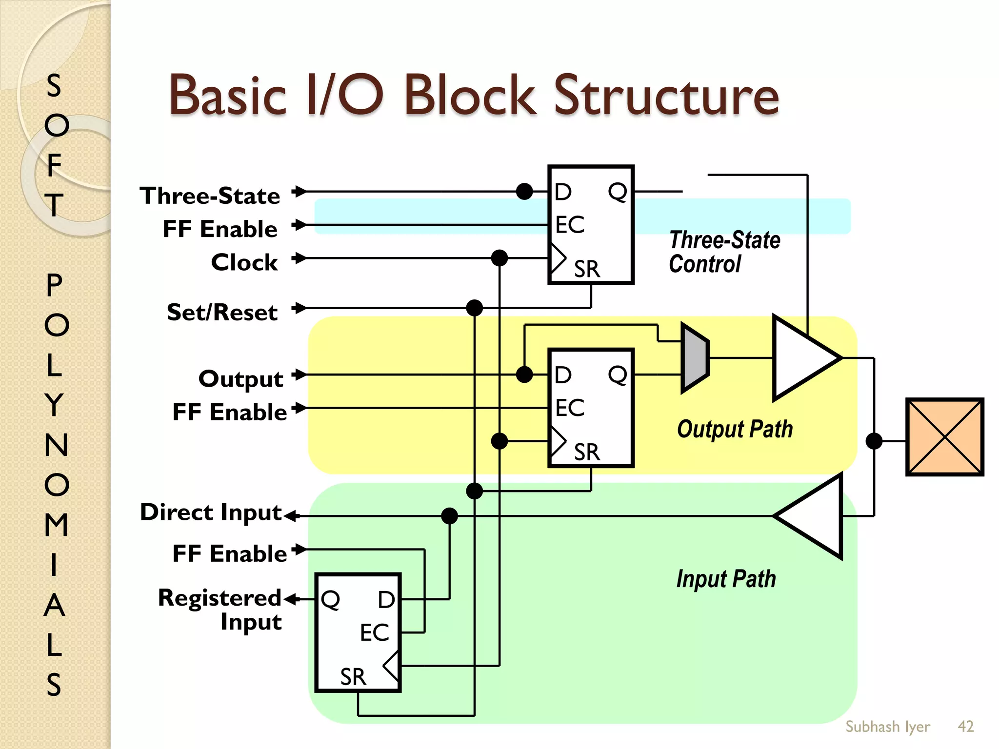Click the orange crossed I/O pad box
(945, 437)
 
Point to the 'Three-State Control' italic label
(724, 252)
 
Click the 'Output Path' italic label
(735, 429)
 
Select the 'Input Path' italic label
(726, 579)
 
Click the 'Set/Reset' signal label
(222, 312)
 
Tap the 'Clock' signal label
(244, 262)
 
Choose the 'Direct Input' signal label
(211, 512)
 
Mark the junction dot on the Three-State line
(524, 192)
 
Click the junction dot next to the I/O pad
(874, 441)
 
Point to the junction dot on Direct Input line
(449, 516)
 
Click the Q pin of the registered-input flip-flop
(330, 599)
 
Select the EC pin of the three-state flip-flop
(569, 225)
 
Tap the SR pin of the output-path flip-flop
(586, 452)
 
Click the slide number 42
(966, 726)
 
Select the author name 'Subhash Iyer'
(887, 726)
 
